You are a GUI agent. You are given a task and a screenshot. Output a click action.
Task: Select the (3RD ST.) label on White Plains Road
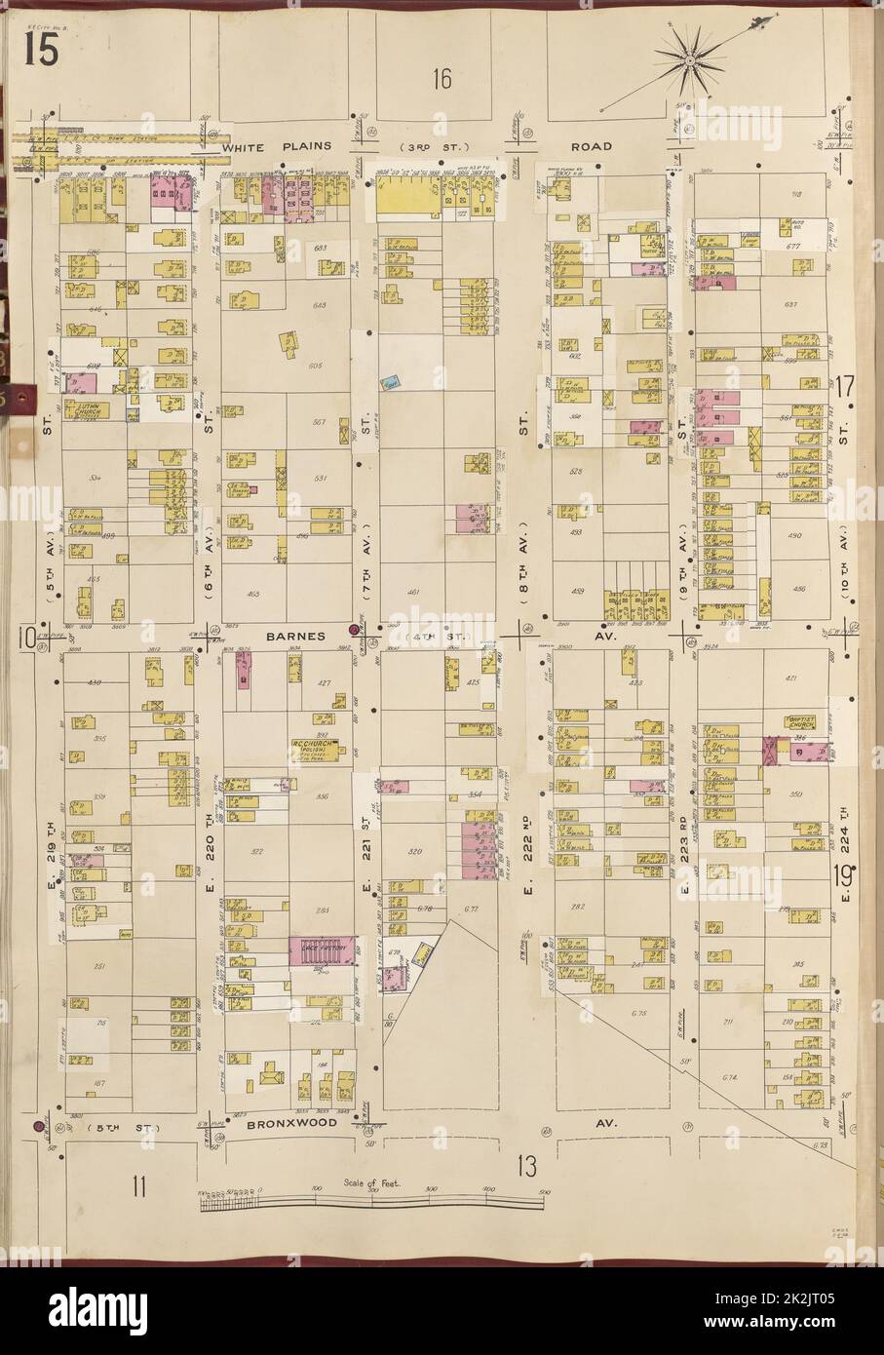click(x=442, y=146)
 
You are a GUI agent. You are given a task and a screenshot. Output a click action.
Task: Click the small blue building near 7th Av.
click(x=392, y=384)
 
